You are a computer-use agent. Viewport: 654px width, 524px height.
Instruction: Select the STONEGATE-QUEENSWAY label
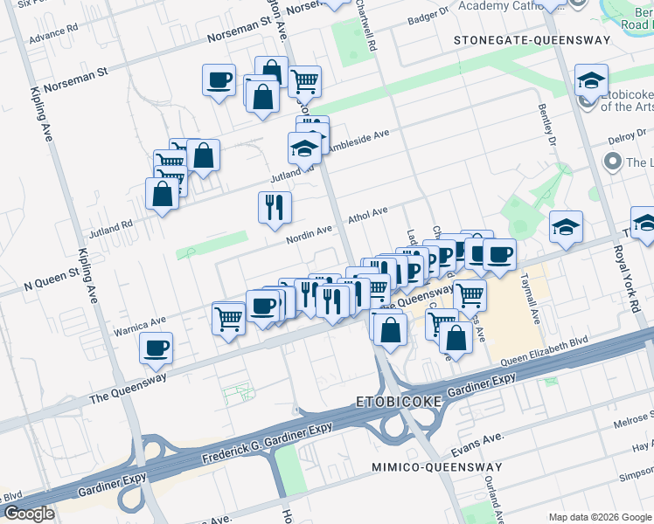click(516, 41)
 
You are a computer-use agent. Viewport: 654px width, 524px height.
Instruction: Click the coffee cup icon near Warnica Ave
click(157, 348)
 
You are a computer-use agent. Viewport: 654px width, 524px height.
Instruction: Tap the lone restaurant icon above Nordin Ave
click(275, 207)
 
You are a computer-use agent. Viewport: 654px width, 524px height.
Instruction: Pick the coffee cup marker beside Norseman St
click(219, 80)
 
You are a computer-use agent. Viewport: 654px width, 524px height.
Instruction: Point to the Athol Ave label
click(367, 214)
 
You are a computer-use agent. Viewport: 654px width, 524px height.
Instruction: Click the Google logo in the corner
click(28, 514)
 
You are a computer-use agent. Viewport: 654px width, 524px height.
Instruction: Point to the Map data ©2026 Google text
click(599, 517)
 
